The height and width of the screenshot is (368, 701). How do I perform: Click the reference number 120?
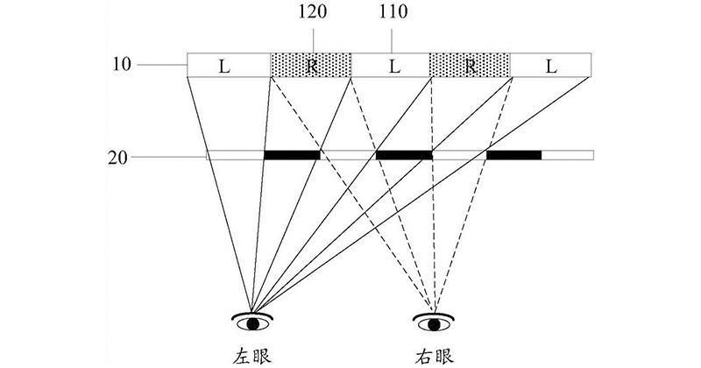[x=313, y=12]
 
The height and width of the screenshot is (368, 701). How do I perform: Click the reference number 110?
[x=393, y=12]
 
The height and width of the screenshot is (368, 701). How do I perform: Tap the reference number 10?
[x=122, y=64]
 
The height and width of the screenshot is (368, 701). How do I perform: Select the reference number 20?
[x=117, y=158]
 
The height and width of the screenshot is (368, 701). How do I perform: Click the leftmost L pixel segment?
[x=229, y=66]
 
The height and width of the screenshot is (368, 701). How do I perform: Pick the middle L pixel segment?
[x=390, y=66]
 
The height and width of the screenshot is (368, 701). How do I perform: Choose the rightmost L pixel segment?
[x=551, y=66]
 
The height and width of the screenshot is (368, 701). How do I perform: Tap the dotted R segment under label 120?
[x=311, y=66]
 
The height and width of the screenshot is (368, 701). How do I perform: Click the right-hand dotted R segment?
[x=470, y=66]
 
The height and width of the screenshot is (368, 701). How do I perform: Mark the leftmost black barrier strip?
[x=292, y=155]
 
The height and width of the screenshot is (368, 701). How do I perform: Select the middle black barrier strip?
[x=404, y=155]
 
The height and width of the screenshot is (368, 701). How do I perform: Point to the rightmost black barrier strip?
[x=514, y=155]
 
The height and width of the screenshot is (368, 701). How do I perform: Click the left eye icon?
[x=252, y=322]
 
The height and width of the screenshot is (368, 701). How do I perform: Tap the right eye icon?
[x=433, y=322]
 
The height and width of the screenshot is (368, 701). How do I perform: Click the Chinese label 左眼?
[x=252, y=357]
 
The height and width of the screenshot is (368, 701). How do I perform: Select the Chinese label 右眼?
[x=434, y=357]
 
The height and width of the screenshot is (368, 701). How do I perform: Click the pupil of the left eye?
[x=253, y=323]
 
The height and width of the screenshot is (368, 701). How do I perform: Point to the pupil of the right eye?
[x=434, y=324]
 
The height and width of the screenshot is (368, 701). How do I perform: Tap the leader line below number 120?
[x=313, y=41]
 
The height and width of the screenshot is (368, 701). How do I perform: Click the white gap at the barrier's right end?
[x=568, y=155]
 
